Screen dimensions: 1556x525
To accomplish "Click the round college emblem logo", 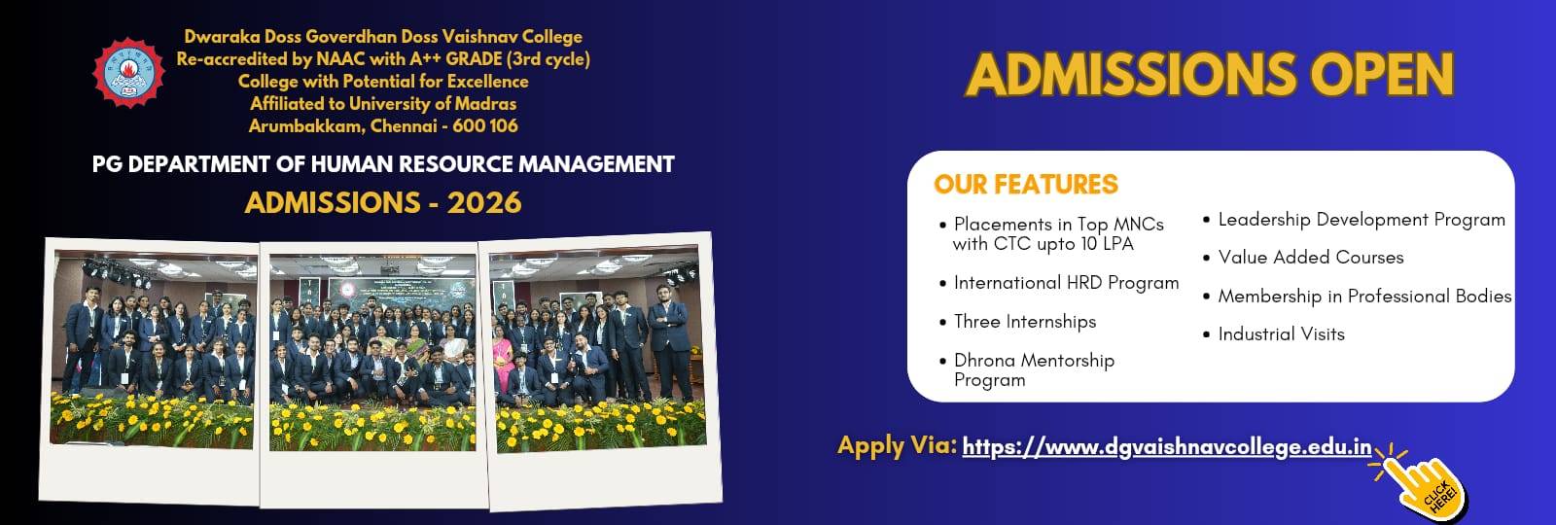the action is pyautogui.click(x=128, y=72).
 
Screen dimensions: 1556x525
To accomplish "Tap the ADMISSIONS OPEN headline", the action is pyautogui.click(x=1210, y=74).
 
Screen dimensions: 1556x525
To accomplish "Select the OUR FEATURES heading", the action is pyautogui.click(x=1026, y=184).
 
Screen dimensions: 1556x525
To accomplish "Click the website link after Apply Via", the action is pyautogui.click(x=1167, y=447).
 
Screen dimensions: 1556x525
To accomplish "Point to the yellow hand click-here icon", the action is pyautogui.click(x=1424, y=486).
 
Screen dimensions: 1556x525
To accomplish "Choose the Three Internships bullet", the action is pyautogui.click(x=1025, y=322).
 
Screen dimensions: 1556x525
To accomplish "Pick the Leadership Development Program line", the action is pyautogui.click(x=1361, y=220).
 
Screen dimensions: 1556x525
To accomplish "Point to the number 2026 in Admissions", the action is pyautogui.click(x=484, y=203).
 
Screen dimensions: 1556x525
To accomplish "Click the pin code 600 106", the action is pyautogui.click(x=485, y=125).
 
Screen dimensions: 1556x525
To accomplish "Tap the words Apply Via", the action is pyautogui.click(x=898, y=446).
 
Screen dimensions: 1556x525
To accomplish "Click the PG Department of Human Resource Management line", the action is pyautogui.click(x=383, y=164).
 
